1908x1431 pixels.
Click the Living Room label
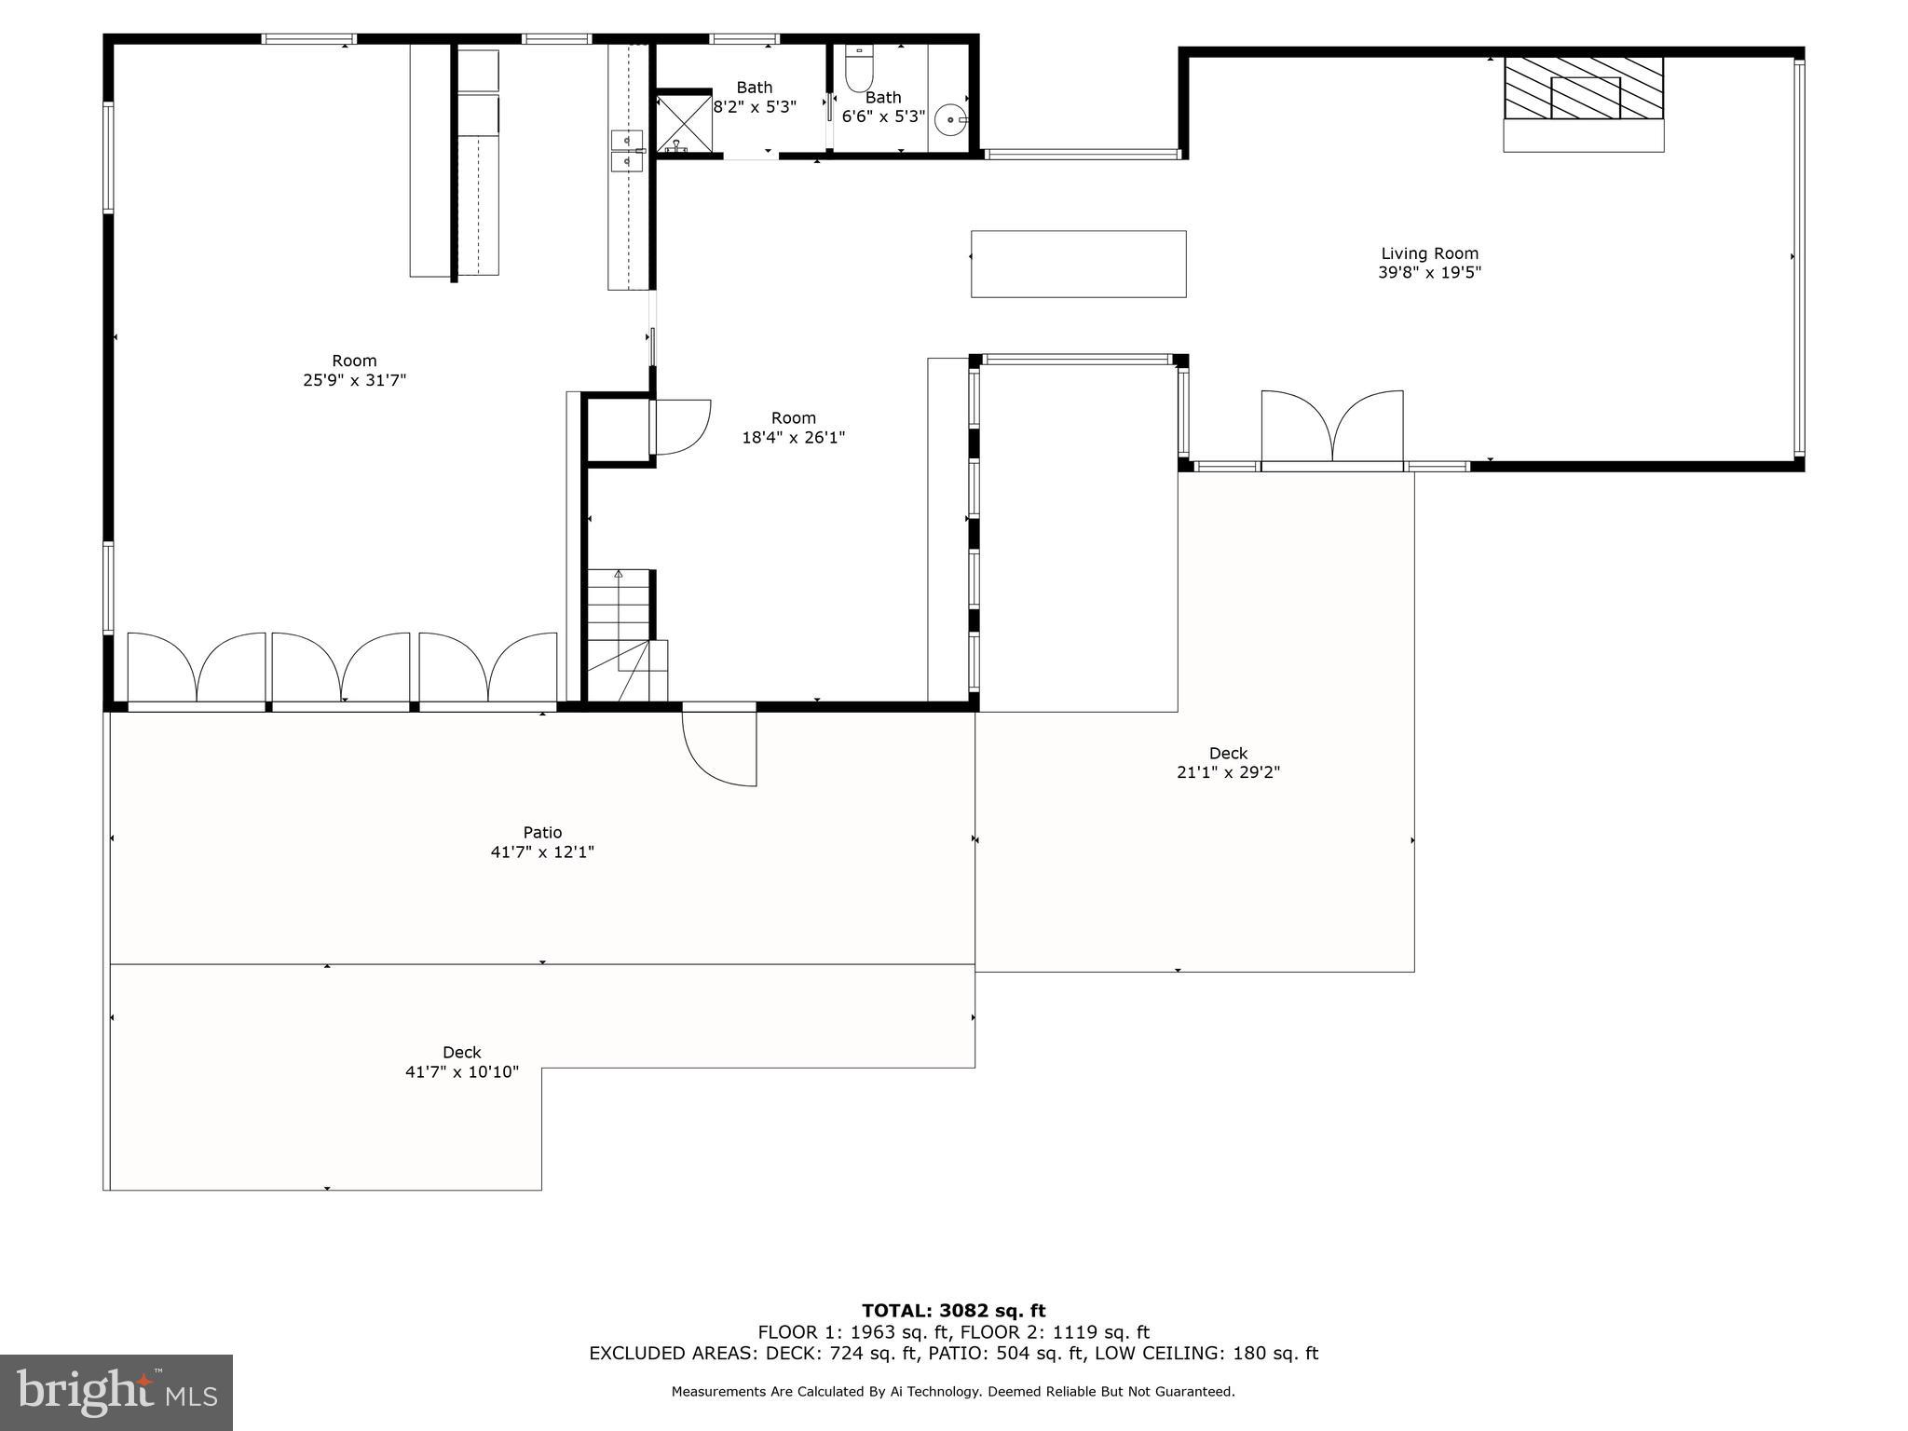click(1429, 253)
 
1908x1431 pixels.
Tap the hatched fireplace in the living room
click(1584, 88)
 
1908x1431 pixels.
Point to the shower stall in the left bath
click(685, 122)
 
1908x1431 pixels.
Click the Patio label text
click(542, 833)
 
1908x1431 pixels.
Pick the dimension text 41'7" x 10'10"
click(462, 1072)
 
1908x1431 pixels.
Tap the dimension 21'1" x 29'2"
click(1228, 772)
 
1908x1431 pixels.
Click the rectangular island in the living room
click(1078, 264)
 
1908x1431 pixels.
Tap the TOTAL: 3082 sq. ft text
click(953, 1311)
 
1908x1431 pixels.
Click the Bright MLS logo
click(116, 1392)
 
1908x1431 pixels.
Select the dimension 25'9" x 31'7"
click(355, 380)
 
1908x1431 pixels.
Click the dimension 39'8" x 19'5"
click(1429, 273)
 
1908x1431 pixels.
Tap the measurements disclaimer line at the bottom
click(953, 1392)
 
